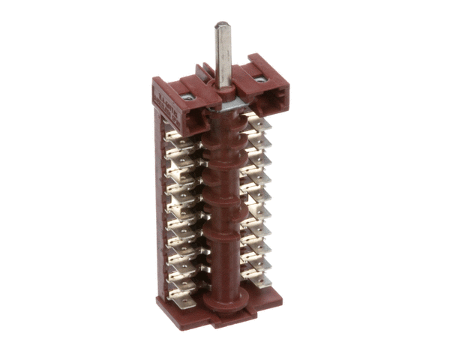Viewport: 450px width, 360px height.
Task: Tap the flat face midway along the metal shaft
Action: tap(223, 56)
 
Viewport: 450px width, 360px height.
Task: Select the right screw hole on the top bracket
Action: tap(260, 77)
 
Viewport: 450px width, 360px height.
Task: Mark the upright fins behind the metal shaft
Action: tap(204, 74)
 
